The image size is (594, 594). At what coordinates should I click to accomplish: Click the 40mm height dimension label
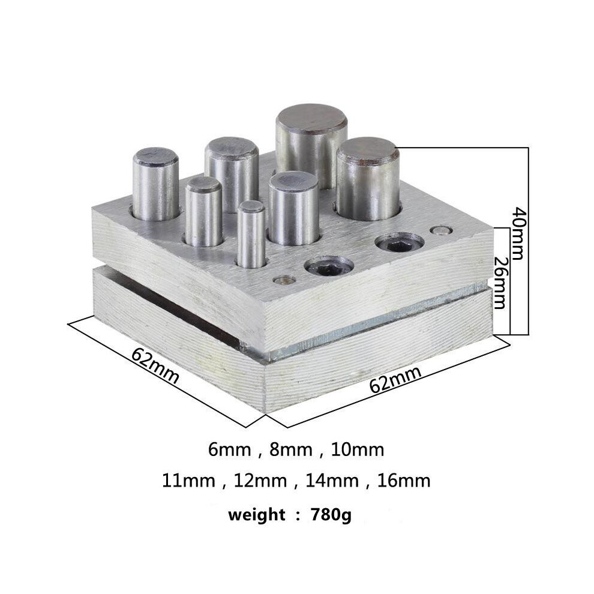[517, 233]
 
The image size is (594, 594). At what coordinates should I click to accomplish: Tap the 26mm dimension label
[500, 283]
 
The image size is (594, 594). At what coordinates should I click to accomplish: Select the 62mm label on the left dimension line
[155, 366]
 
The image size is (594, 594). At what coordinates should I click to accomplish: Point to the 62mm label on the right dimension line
[395, 379]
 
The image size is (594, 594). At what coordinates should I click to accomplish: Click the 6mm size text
[229, 449]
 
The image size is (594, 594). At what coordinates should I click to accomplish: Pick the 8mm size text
[290, 449]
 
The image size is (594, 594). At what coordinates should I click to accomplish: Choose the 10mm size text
[358, 449]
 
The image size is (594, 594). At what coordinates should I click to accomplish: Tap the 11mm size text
[188, 481]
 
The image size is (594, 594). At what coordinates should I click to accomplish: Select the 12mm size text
[260, 481]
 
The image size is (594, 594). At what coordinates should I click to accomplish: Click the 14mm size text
[332, 481]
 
